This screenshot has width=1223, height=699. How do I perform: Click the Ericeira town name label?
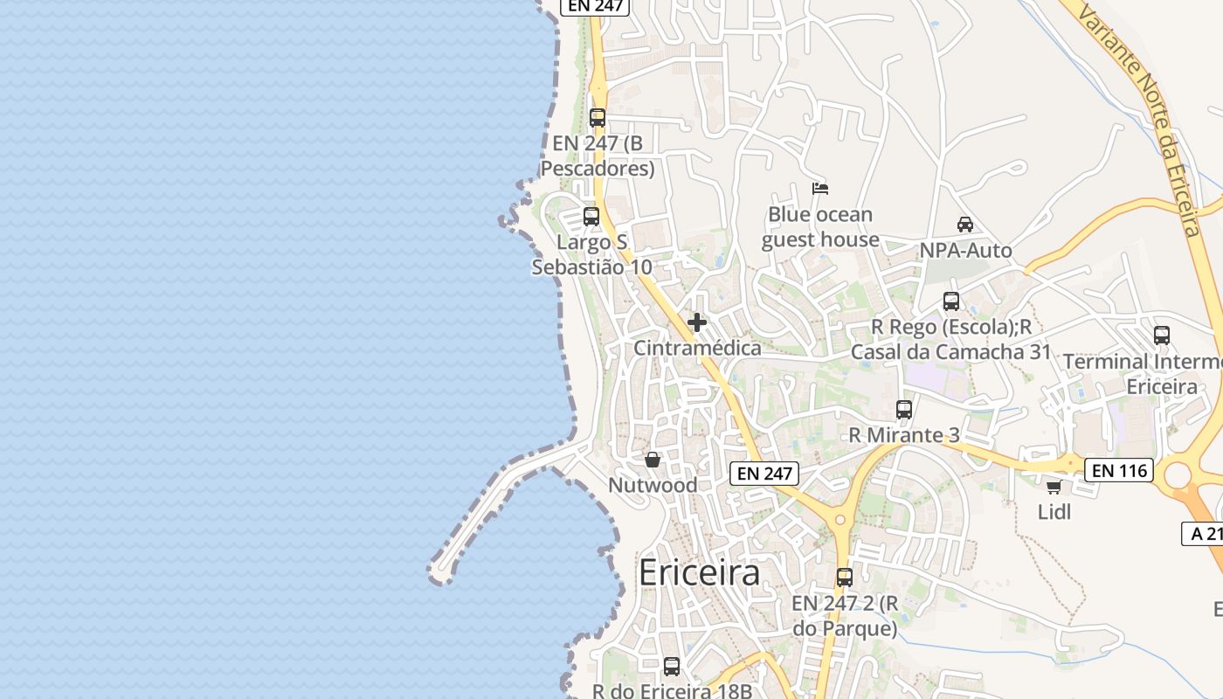click(699, 573)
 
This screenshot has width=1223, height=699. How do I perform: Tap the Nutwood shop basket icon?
click(653, 460)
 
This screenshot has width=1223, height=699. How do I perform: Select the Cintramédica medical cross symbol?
click(697, 323)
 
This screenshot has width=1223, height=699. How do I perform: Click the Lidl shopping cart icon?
click(1054, 487)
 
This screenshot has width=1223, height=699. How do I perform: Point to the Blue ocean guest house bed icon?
click(819, 188)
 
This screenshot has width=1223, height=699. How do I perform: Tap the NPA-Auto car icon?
click(965, 225)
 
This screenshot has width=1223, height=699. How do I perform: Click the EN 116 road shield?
click(1119, 471)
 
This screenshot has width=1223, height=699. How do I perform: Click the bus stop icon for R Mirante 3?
click(904, 409)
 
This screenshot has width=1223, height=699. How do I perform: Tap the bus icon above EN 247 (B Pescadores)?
click(598, 118)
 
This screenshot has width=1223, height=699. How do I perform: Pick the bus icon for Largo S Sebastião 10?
click(591, 217)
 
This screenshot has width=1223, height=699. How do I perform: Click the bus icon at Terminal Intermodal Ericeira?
click(1162, 336)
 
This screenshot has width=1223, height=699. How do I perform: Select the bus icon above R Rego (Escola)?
click(951, 301)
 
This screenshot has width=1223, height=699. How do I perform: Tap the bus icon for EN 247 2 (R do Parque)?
click(845, 578)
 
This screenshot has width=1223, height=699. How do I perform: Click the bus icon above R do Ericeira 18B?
click(672, 667)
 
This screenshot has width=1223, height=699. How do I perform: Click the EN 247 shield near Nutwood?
click(764, 474)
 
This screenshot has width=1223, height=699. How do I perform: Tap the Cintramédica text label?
click(697, 348)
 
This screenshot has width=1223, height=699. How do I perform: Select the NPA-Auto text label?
click(965, 251)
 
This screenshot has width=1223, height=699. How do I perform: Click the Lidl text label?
click(1054, 511)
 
